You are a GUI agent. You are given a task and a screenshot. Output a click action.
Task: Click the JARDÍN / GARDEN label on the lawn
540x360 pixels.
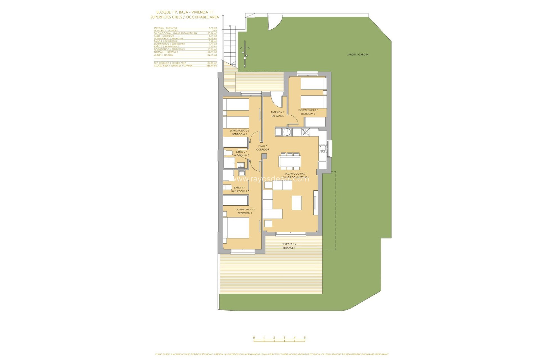pyautogui.click(x=358, y=55)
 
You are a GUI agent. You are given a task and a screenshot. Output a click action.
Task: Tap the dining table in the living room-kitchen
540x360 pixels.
pyautogui.click(x=290, y=161)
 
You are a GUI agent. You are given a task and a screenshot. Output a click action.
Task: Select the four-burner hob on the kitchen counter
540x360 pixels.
pyautogui.click(x=305, y=132)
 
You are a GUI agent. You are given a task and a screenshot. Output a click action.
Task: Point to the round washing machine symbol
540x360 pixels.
pyautogui.click(x=287, y=132)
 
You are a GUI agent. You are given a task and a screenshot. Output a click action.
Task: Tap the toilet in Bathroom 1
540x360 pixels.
pyautogui.click(x=227, y=187)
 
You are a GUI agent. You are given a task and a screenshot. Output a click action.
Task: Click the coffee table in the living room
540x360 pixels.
pyautogui.click(x=297, y=203)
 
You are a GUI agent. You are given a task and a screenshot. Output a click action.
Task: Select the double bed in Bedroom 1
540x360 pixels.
pyautogui.click(x=236, y=228)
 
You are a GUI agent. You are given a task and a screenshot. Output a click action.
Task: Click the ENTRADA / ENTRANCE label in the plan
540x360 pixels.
pyautogui.click(x=278, y=114)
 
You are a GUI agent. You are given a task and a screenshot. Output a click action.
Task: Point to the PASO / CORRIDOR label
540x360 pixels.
pyautogui.click(x=262, y=148)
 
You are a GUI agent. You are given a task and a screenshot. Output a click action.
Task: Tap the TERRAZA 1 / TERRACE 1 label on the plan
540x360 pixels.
pyautogui.click(x=289, y=246)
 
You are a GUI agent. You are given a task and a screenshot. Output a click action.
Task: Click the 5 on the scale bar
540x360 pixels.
pyautogui.click(x=305, y=337)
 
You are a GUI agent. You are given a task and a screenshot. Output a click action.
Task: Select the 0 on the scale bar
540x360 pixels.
pyautogui.click(x=254, y=337)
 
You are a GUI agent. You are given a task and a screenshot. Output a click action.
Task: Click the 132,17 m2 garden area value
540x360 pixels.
pyautogui.click(x=211, y=55)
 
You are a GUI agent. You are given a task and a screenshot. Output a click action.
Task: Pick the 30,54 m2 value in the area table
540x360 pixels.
pyautogui.click(x=212, y=33)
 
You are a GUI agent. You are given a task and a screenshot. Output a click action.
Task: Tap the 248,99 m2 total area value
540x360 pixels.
pyautogui.click(x=211, y=66)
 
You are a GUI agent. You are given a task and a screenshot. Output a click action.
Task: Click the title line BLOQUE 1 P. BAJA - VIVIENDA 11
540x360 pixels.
pyautogui.click(x=184, y=12)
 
